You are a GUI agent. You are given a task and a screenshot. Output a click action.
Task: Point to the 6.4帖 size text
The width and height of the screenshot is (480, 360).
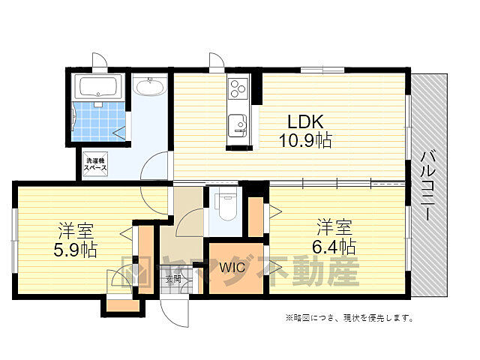click(x=334, y=246)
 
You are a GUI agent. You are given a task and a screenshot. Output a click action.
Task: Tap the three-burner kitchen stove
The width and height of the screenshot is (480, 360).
click(x=237, y=92)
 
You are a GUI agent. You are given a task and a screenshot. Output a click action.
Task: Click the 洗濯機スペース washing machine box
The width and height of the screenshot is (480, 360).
click(x=96, y=165)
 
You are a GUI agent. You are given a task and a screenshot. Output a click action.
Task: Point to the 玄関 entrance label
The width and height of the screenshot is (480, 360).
click(x=172, y=279)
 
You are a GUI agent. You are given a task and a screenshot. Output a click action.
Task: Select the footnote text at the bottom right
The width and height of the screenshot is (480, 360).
click(x=349, y=318)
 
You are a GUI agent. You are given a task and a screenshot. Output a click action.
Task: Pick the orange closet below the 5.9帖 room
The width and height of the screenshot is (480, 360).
click(x=122, y=304)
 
